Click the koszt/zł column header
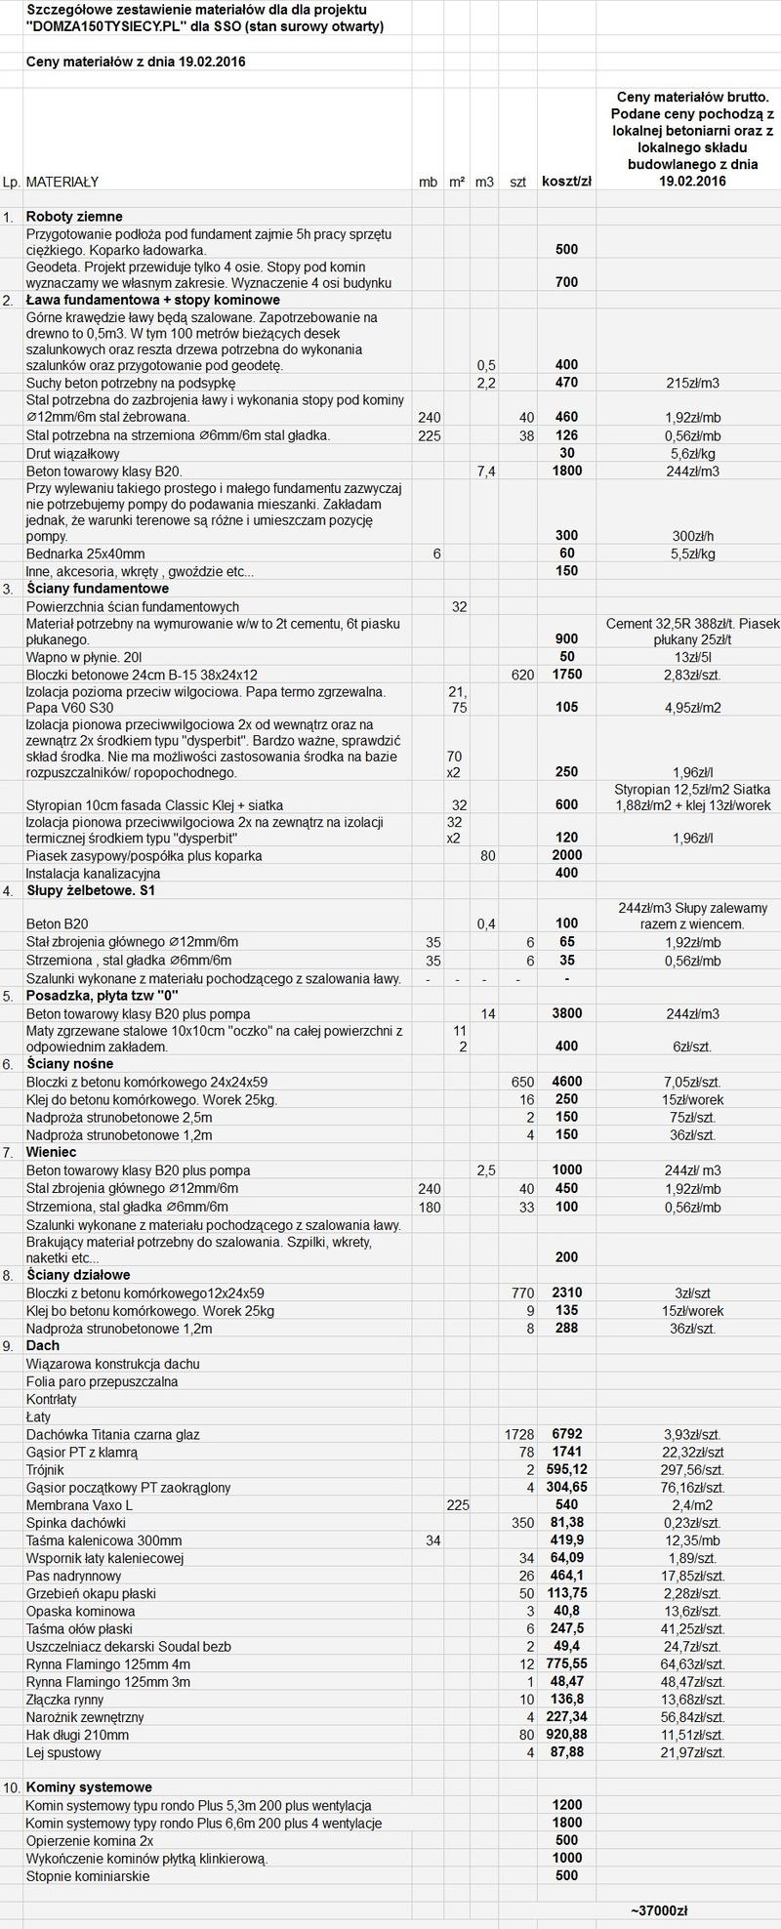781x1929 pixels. (566, 182)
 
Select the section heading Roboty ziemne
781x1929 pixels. (74, 216)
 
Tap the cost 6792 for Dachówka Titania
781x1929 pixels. (566, 1434)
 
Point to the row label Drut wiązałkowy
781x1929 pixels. (73, 453)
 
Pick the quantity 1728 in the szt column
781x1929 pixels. (519, 1434)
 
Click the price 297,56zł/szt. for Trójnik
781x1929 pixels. (692, 1469)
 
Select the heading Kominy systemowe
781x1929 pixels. (89, 1786)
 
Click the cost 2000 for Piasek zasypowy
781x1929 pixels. (566, 855)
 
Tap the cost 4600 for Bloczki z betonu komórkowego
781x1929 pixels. (566, 1082)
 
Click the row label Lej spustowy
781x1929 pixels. (63, 1751)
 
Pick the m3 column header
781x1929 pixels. (484, 182)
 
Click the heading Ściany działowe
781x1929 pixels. (78, 1275)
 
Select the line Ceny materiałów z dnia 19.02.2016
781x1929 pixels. (136, 62)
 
